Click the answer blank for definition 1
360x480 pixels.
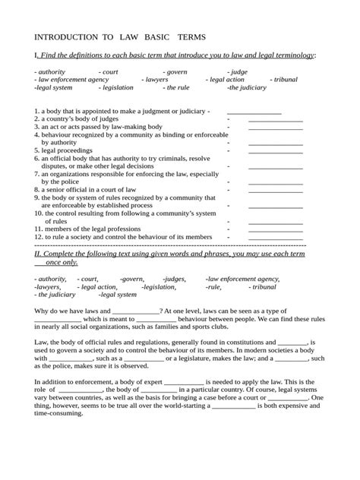254,111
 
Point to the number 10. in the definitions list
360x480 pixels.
39,214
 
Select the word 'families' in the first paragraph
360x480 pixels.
171,327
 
